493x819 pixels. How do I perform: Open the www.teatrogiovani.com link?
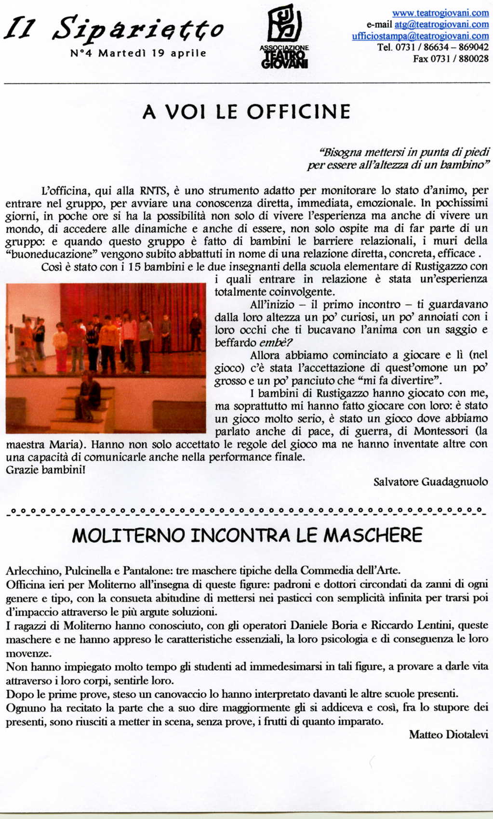[x=440, y=13]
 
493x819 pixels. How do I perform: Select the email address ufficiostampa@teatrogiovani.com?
[x=420, y=36]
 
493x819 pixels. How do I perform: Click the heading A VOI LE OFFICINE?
[x=246, y=112]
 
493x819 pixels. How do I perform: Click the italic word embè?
[x=276, y=343]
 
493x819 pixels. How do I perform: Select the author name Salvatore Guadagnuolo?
[x=430, y=482]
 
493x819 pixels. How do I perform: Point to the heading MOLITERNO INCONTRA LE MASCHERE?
[x=247, y=535]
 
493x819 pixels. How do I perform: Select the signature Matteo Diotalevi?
[x=448, y=735]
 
